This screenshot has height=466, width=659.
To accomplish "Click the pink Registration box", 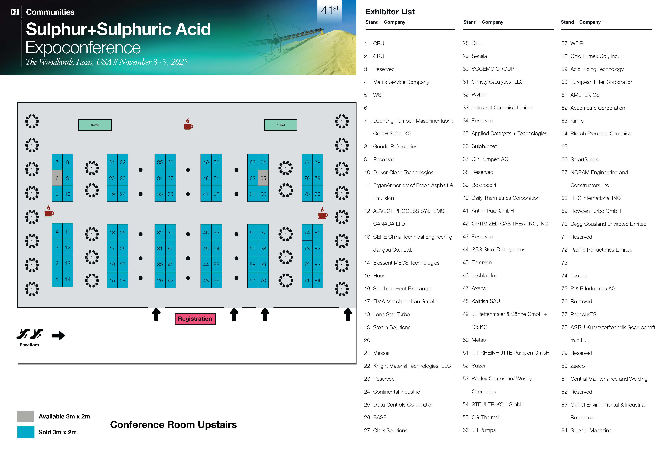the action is (195, 319).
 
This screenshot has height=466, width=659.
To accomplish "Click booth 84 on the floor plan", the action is (317, 280).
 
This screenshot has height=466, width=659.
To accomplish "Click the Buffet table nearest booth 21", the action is (95, 125).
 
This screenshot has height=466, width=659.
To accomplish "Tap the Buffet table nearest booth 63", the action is (280, 125).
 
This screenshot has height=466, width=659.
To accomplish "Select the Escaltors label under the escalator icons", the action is (29, 345).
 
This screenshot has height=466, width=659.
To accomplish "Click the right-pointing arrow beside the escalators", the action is (58, 335).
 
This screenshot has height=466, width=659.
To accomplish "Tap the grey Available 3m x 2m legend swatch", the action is (26, 416).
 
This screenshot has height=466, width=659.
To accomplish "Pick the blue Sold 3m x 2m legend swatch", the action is (26, 432).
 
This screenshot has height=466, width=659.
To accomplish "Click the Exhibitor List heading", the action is (390, 12).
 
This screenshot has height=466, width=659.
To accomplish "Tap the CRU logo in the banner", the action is (15, 12).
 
